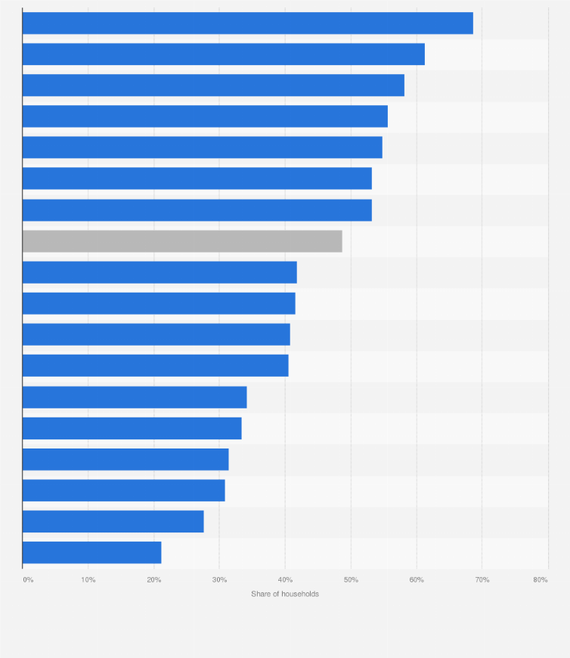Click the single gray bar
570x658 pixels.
[x=181, y=241]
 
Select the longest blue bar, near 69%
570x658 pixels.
[x=247, y=23]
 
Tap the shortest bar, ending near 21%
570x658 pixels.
[x=91, y=552]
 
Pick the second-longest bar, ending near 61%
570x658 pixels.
[x=223, y=54]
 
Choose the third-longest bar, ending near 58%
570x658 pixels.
[x=213, y=85]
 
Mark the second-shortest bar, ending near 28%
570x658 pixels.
[x=113, y=521]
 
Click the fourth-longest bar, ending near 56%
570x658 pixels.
[x=205, y=116]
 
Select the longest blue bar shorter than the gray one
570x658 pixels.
[x=160, y=272]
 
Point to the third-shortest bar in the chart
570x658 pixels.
[x=123, y=490]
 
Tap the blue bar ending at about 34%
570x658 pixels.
[x=135, y=397]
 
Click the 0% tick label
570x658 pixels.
[x=28, y=580]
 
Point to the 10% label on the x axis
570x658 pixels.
[x=88, y=580]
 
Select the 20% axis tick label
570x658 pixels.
[x=153, y=580]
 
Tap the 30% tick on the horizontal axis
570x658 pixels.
[x=219, y=580]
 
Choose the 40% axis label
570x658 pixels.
[x=285, y=580]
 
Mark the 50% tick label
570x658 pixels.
[x=351, y=580]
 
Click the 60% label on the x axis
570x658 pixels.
[x=417, y=580]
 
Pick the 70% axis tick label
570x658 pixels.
[x=482, y=580]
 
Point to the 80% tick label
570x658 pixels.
[x=540, y=580]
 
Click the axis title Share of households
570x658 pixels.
[x=285, y=594]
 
